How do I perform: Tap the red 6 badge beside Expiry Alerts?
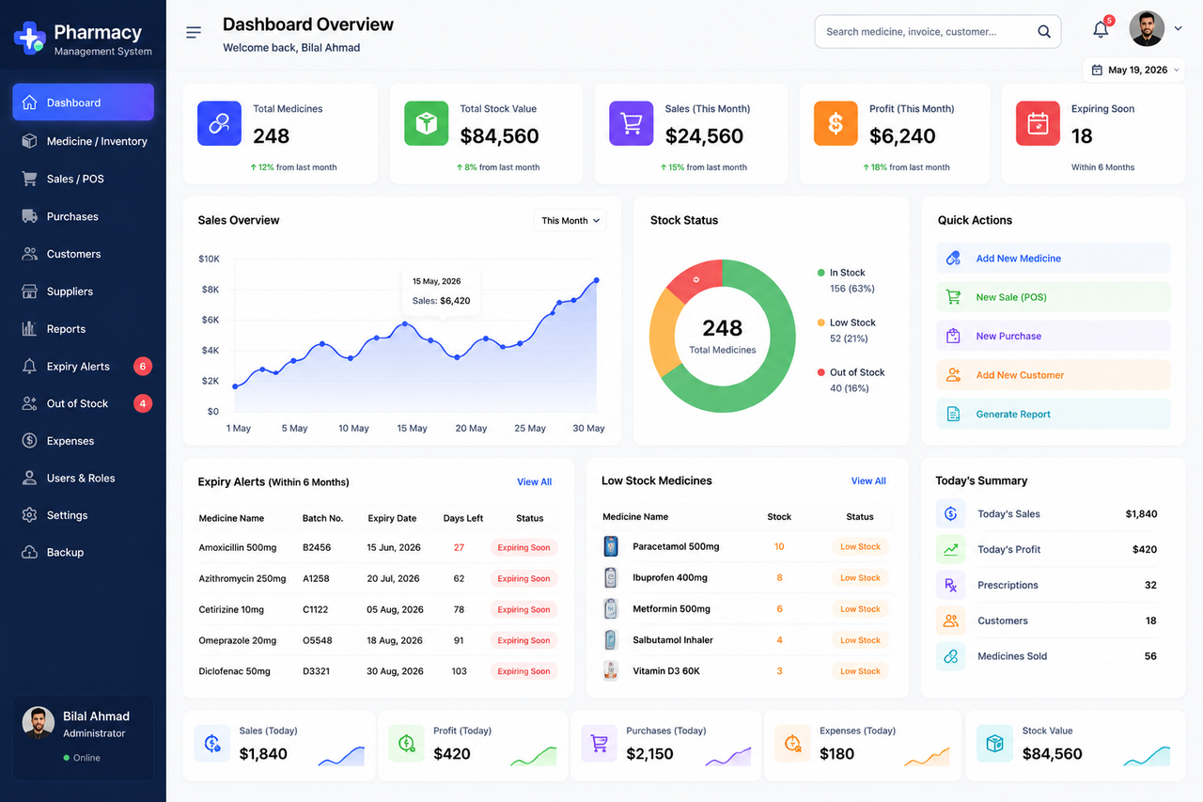point(142,367)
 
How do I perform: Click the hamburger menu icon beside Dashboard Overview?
point(194,32)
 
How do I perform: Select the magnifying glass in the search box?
point(1043,32)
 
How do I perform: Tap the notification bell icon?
point(1101,29)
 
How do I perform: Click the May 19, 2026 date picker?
point(1133,70)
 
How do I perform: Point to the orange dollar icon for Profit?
point(836,123)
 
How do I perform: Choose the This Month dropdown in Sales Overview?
point(570,220)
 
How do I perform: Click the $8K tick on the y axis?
point(210,290)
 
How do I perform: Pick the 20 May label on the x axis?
point(471,428)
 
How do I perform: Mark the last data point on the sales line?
point(596,280)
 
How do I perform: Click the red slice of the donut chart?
point(694,280)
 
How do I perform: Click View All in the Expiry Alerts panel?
point(534,481)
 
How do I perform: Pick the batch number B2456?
point(317,547)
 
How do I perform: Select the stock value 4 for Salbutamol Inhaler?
point(779,639)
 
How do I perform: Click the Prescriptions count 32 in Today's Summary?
point(1150,585)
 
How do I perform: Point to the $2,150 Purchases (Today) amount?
point(649,754)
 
